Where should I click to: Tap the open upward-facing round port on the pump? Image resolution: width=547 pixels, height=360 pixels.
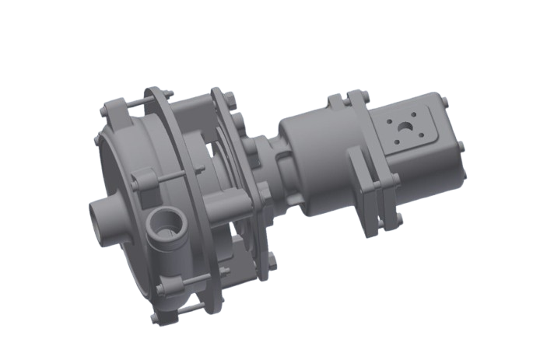(163, 226)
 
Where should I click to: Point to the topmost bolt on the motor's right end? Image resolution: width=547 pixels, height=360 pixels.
(445, 101)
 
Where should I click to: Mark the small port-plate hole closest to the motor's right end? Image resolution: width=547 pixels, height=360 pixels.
(424, 131)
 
